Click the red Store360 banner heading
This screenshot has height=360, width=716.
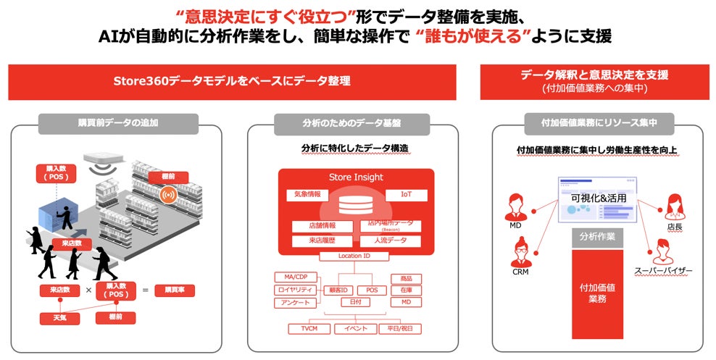[232, 82]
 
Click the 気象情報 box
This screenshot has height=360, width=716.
[307, 195]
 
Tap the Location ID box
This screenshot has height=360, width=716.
[354, 256]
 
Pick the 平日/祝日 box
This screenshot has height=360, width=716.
[399, 328]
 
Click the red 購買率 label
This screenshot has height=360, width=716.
[174, 290]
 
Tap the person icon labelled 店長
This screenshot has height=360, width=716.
[675, 207]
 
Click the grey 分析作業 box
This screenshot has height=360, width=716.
[598, 237]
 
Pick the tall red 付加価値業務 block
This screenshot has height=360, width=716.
[598, 293]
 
